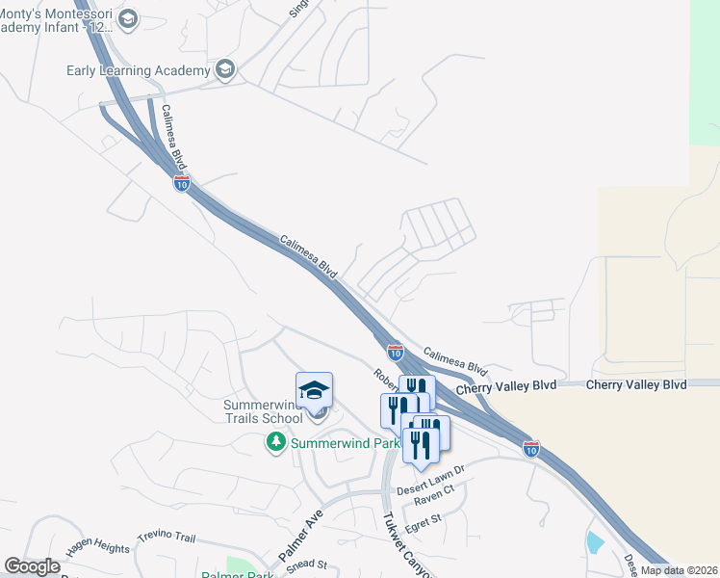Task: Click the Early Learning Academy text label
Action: tap(138, 70)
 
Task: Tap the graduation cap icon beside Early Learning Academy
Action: tap(225, 68)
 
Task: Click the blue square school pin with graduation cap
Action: tap(314, 390)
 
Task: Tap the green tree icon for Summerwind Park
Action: tap(276, 442)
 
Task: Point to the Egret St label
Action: tap(423, 520)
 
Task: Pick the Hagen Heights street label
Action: tap(97, 549)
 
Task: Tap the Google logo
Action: tap(32, 566)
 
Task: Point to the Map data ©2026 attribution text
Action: tap(678, 570)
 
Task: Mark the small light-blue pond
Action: tap(595, 542)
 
